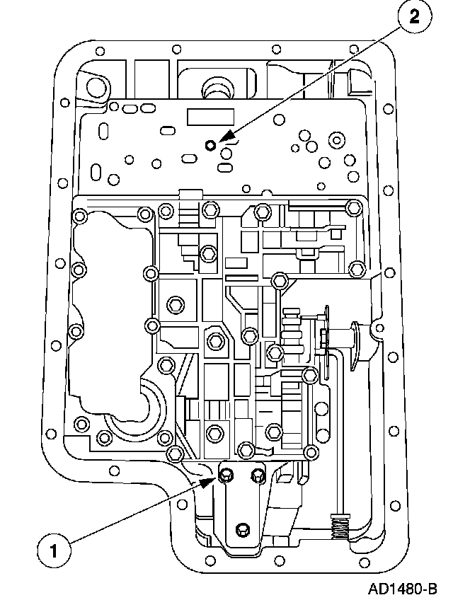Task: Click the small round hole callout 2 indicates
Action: (x=210, y=146)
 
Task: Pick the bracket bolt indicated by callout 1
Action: (x=226, y=475)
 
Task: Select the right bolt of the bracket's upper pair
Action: (x=258, y=475)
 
